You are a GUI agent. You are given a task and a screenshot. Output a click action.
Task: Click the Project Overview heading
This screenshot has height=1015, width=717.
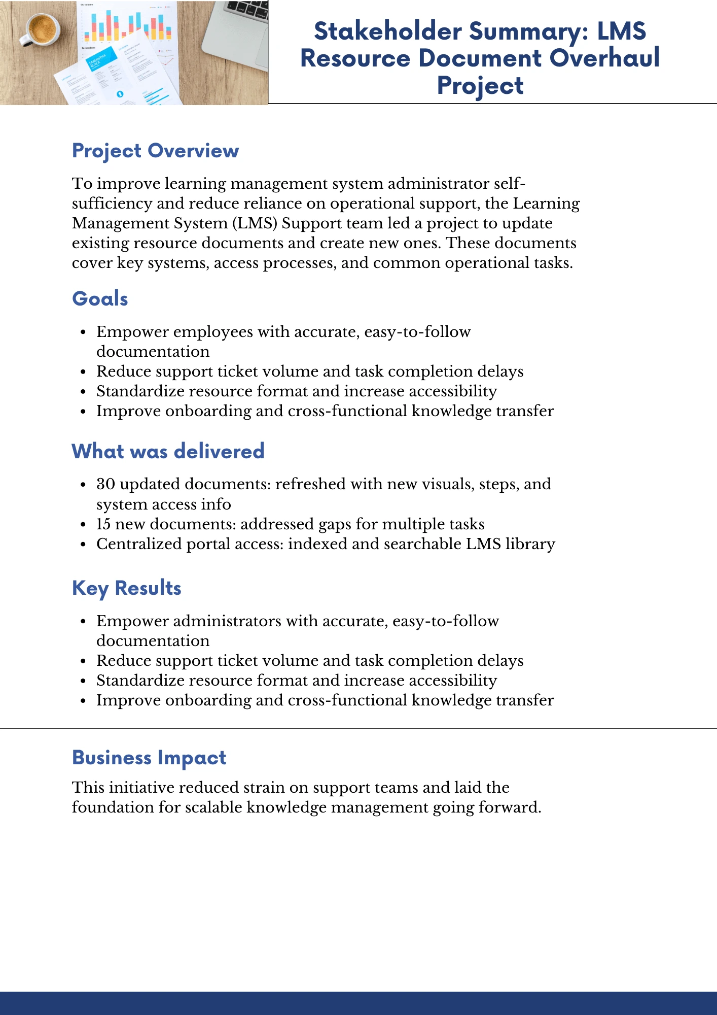[x=155, y=151]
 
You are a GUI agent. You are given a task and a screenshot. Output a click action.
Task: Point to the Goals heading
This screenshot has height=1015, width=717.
[x=100, y=298]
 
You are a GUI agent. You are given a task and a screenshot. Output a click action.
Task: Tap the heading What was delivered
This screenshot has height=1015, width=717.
[x=168, y=451]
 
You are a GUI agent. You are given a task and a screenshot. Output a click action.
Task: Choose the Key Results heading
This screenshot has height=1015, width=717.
[x=127, y=588]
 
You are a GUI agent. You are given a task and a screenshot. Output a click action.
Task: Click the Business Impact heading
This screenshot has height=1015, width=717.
[x=149, y=757]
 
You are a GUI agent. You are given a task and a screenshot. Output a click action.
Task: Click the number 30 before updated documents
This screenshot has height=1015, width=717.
[x=105, y=484]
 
